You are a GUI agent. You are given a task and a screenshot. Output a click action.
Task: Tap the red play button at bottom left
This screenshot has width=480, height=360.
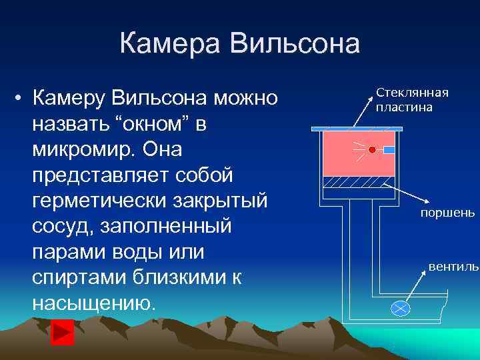click(x=63, y=332)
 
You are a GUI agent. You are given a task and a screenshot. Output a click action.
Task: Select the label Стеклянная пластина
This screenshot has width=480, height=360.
click(x=411, y=99)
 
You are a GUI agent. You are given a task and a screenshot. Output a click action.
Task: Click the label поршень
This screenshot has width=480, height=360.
click(x=447, y=213)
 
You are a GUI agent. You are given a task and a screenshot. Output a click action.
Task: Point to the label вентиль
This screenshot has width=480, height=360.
click(x=453, y=267)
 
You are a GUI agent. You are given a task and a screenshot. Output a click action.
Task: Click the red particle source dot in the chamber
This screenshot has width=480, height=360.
click(x=372, y=150)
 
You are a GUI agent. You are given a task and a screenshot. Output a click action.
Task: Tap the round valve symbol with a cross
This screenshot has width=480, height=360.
click(x=400, y=307)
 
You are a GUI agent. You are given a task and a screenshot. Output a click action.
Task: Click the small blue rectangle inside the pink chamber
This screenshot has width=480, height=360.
click(x=389, y=150)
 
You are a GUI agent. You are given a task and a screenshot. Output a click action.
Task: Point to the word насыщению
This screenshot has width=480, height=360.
click(x=94, y=303)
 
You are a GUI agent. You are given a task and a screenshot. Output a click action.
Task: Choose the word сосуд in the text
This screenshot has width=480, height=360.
click(x=62, y=227)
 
